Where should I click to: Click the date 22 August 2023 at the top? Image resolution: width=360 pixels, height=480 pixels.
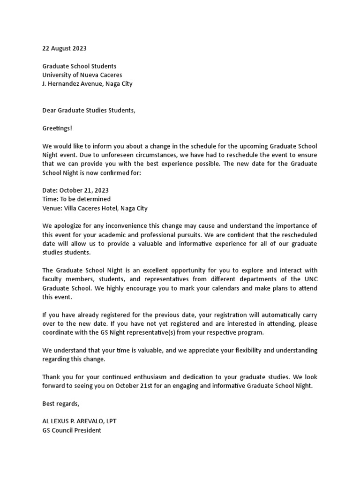(64, 48)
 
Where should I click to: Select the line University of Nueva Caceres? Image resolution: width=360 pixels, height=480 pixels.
(82, 75)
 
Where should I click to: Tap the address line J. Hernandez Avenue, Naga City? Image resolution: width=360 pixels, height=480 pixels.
(87, 84)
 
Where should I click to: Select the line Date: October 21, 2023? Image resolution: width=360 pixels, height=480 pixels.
(75, 190)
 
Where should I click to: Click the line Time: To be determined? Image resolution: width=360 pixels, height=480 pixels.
(76, 199)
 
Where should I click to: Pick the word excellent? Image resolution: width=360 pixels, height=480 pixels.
(157, 270)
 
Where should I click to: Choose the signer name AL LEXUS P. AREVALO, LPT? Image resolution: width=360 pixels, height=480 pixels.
(79, 421)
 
